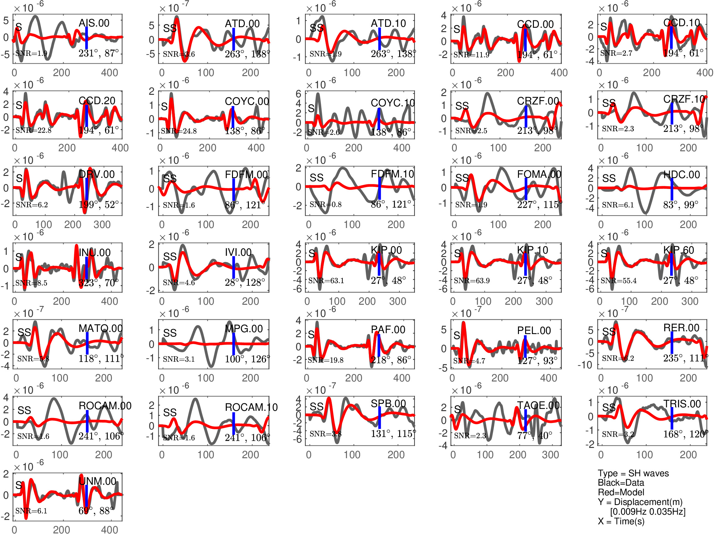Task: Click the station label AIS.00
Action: tap(94, 23)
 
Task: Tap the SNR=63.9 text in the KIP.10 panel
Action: tap(472, 281)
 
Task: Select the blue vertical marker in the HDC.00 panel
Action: tap(672, 189)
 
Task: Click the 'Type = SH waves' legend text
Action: tap(633, 473)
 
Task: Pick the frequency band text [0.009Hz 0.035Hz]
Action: tap(647, 511)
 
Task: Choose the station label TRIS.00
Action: tap(682, 404)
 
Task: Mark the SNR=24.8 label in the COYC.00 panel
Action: tap(179, 131)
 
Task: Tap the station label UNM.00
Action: tap(97, 481)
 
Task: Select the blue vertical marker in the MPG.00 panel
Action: tap(233, 344)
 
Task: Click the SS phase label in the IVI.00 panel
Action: tap(170, 257)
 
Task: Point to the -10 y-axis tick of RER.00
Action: tap(585, 365)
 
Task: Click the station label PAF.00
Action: tap(388, 330)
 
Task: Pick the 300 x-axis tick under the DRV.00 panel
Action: tap(102, 225)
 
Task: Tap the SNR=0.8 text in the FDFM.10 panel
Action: tap(325, 204)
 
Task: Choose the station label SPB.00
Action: tap(388, 403)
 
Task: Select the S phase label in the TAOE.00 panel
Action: tap(457, 410)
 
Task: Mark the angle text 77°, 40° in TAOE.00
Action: tap(535, 435)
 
